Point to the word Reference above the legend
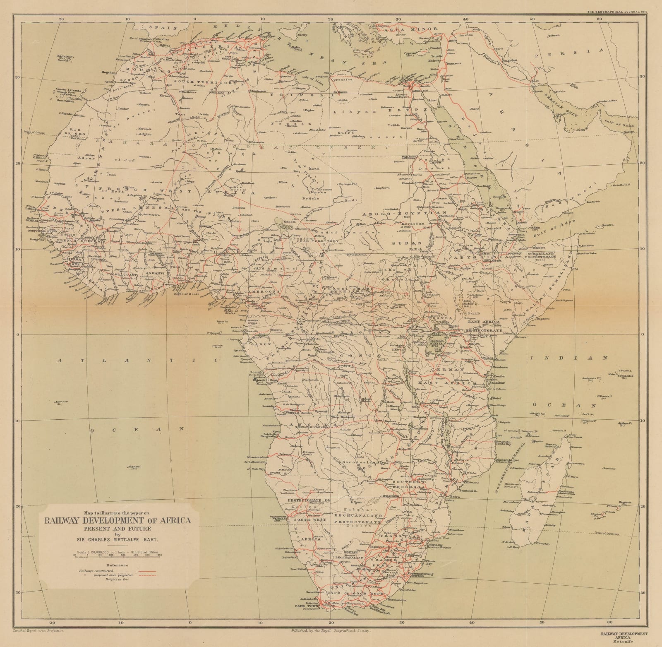[x=117, y=565]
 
